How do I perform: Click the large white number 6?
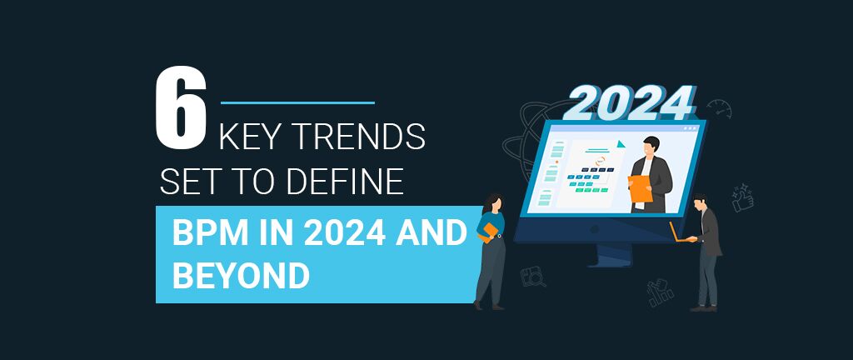tap(181, 109)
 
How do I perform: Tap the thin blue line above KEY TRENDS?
tap(297, 102)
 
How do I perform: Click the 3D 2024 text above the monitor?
tap(630, 102)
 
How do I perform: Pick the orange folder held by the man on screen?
tap(641, 188)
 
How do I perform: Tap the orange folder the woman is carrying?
tap(487, 231)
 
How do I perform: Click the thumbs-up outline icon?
tap(742, 198)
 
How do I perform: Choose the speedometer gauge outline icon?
tap(719, 108)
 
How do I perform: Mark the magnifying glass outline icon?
tap(532, 277)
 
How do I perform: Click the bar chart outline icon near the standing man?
tap(660, 292)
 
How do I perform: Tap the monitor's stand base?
tap(614, 257)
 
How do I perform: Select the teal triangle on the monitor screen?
tap(621, 144)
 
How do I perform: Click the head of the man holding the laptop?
tap(701, 202)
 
